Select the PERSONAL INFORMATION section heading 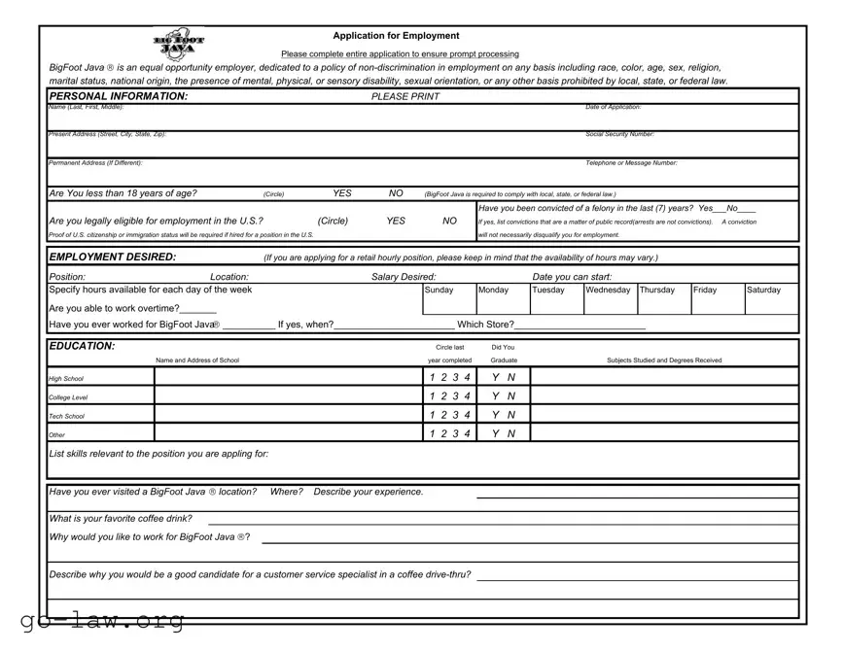point(118,96)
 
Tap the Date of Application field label point(613,107)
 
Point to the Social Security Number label point(619,134)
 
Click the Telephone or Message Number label point(631,162)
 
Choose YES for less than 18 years point(342,193)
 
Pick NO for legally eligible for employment point(449,221)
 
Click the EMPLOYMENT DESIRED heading point(113,257)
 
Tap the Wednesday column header point(609,290)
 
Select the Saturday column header point(763,290)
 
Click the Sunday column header point(439,290)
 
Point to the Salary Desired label point(404,277)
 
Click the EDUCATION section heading point(82,346)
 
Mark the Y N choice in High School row point(504,377)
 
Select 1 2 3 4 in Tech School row point(449,415)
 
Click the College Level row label point(68,397)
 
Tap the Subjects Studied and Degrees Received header point(664,360)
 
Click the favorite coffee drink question point(121,518)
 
